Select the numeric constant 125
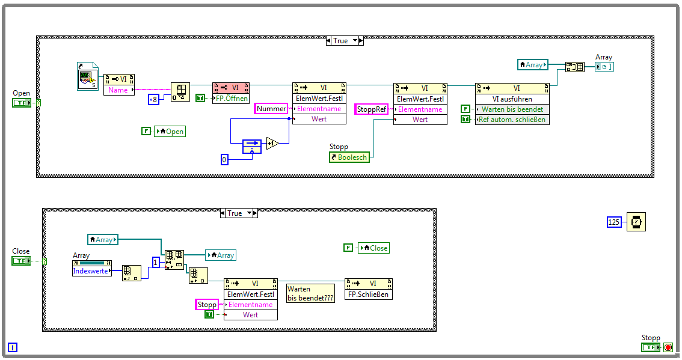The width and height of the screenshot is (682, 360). [613, 222]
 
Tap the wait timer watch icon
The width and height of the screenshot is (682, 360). [636, 222]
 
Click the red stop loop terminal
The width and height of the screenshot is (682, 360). [668, 347]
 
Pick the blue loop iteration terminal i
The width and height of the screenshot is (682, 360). [13, 347]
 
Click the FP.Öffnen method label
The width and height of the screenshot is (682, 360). [230, 99]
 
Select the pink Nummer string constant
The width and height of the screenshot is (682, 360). [271, 109]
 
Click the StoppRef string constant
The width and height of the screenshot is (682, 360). [372, 109]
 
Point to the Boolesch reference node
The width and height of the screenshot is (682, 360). [349, 157]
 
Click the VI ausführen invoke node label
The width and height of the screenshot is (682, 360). [512, 99]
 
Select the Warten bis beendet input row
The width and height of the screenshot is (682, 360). [512, 109]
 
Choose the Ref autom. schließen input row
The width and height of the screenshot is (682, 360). [512, 119]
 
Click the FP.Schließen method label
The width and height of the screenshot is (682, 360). [369, 294]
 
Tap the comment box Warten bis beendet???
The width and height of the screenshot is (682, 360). [310, 293]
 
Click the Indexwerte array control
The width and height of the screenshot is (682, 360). [91, 271]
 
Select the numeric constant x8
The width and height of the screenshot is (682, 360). [153, 99]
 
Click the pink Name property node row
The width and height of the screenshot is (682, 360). [118, 90]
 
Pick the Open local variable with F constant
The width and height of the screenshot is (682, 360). [170, 131]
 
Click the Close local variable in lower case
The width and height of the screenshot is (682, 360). [373, 248]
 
